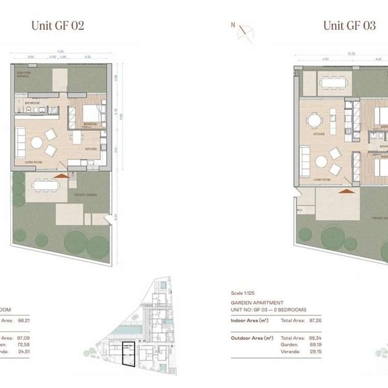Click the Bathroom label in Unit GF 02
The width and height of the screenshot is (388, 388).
pyautogui.click(x=32, y=103)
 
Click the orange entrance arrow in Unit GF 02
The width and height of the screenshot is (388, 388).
pyautogui.click(x=62, y=176)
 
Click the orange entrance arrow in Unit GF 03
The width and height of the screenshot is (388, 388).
pyautogui.click(x=347, y=190)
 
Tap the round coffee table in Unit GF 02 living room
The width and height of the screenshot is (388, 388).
pyautogui.click(x=37, y=142)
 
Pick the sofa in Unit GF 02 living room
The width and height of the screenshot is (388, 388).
pyautogui.click(x=20, y=142)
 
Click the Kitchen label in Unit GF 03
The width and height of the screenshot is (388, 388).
pyautogui.click(x=319, y=134)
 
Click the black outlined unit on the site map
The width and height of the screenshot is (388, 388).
pyautogui.click(x=126, y=354)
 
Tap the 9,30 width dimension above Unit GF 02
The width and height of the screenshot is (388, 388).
pyautogui.click(x=61, y=51)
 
